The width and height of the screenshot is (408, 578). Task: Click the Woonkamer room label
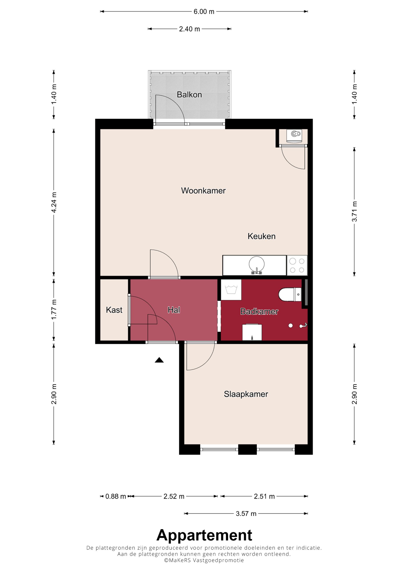(203, 191)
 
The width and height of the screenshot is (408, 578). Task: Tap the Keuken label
(262, 236)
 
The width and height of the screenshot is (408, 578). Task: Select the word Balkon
(189, 95)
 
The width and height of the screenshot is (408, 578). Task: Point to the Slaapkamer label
(246, 394)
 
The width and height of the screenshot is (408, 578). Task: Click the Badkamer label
(259, 311)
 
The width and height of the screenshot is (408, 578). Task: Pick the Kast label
(114, 310)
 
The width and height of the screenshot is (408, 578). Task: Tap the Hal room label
(174, 310)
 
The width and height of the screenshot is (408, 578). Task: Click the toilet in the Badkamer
(290, 294)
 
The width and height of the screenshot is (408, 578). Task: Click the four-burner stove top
(297, 266)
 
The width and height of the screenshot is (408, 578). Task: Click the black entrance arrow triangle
(159, 360)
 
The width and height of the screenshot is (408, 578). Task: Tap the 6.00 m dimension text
(204, 12)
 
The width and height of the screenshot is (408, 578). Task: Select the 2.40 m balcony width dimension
(189, 29)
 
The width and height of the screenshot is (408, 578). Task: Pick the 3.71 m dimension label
(354, 211)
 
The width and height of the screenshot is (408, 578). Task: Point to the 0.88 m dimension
(116, 497)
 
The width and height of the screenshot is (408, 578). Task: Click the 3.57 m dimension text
(246, 513)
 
